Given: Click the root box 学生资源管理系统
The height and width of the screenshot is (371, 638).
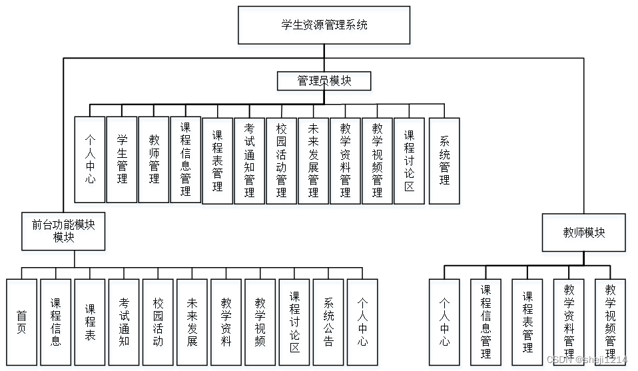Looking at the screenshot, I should (324, 25).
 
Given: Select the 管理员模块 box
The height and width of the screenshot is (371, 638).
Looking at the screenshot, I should (324, 81).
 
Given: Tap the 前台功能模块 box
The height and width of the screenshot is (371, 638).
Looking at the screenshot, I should (63, 231).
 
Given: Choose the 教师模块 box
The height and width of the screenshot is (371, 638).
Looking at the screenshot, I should (583, 232).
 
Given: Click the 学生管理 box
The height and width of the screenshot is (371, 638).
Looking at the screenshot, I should (122, 160).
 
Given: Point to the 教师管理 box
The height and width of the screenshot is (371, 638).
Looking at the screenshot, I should (154, 160).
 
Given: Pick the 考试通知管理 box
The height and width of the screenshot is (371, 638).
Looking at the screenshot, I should (249, 161).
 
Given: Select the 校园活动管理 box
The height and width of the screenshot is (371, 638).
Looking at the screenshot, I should (281, 161).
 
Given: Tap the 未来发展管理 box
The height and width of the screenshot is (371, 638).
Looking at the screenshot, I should (313, 161).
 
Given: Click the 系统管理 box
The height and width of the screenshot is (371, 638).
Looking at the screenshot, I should (444, 161).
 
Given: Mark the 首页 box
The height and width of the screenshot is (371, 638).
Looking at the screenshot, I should (22, 322).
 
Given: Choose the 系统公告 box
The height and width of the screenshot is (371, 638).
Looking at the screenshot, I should (328, 322).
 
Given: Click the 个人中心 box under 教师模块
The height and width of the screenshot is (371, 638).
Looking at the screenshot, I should (444, 322).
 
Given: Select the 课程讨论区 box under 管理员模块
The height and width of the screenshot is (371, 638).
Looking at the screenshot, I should (409, 161).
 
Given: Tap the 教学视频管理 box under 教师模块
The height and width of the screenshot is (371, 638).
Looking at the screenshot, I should (610, 322).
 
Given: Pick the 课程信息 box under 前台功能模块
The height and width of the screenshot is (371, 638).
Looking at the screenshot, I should (56, 322).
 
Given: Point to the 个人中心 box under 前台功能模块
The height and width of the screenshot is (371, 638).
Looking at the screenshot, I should (362, 322).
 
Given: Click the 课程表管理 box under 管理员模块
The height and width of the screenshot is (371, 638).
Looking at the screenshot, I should (217, 161).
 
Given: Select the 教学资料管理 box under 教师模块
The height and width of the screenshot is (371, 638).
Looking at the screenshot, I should (569, 322).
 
